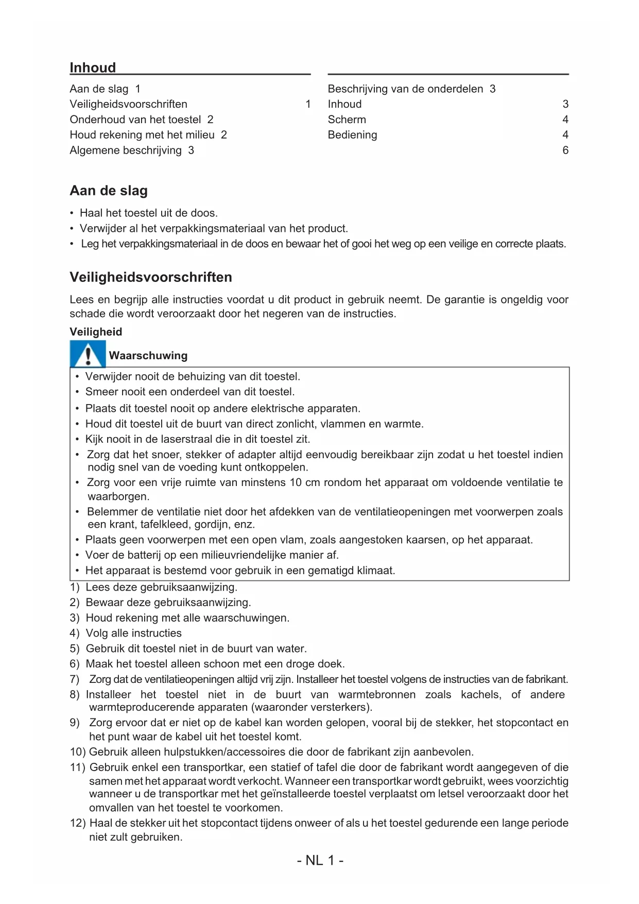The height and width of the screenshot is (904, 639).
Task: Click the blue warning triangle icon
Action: tap(88, 355)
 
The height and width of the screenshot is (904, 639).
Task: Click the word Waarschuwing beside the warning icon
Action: tap(148, 356)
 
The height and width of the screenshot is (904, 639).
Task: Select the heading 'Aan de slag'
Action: tap(109, 191)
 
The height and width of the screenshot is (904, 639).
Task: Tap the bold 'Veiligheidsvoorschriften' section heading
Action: tap(151, 277)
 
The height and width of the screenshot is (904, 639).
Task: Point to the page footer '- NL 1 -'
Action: tap(320, 860)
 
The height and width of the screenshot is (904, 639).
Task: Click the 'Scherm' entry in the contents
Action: tap(347, 120)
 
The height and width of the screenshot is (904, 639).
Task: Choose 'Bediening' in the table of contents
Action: tap(352, 135)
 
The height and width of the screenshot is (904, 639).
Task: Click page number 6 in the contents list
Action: tap(565, 150)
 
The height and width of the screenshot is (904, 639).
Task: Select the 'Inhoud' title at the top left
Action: tap(93, 68)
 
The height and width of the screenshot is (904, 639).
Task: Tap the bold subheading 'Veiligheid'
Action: tap(96, 332)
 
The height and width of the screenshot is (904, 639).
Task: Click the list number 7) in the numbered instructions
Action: tap(75, 679)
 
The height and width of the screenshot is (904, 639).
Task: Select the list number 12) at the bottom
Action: tap(78, 823)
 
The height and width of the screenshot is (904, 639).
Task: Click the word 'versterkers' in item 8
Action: tap(339, 707)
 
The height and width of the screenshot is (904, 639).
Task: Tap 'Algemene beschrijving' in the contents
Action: tap(126, 150)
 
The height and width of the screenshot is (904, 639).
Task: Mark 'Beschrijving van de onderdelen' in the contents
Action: tap(405, 89)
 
